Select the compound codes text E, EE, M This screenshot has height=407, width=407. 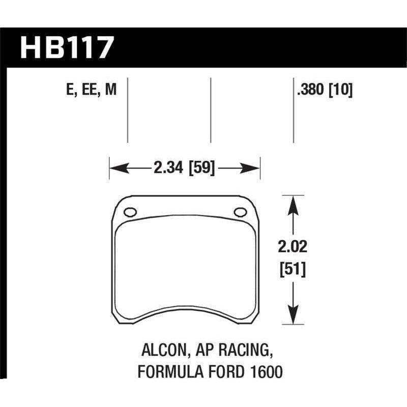(91, 91)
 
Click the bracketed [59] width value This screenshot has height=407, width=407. (202, 168)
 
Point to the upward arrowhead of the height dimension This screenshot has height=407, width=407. (292, 202)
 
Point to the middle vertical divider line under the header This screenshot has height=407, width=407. (211, 109)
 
